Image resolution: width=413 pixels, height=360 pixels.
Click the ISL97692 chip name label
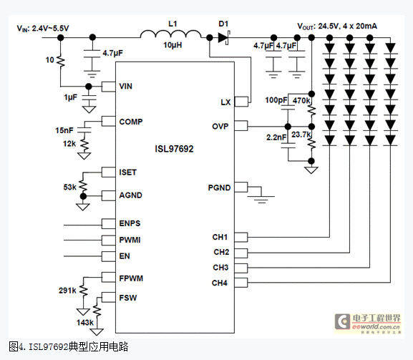pyautogui.click(x=174, y=149)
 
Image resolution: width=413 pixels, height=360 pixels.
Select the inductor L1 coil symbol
pyautogui.click(x=170, y=34)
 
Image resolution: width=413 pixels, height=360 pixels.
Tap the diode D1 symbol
pyautogui.click(x=224, y=38)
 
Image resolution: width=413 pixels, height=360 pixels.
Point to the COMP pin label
pyautogui.click(x=131, y=122)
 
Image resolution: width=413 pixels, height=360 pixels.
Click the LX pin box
pyautogui.click(x=241, y=102)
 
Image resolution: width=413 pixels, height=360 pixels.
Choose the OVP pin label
pyautogui.click(x=220, y=127)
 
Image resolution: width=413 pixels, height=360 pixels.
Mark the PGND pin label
pyautogui.click(x=220, y=188)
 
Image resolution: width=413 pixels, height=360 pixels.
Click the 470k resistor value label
pyautogui.click(x=301, y=101)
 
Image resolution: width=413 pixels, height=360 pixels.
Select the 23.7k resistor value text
pyautogui.click(x=301, y=135)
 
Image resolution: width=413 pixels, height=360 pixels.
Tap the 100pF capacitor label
pyautogui.click(x=276, y=100)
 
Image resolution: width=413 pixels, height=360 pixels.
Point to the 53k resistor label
pyautogui.click(x=70, y=188)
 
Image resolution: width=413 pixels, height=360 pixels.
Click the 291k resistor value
pyautogui.click(x=67, y=291)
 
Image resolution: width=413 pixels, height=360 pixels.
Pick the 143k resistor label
pyautogui.click(x=85, y=323)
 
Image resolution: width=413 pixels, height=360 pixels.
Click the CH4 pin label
pyautogui.click(x=220, y=283)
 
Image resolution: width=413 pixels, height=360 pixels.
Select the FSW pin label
pyautogui.click(x=128, y=298)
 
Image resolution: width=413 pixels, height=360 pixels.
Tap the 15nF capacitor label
pyautogui.click(x=64, y=130)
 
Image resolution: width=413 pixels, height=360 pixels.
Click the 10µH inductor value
pyautogui.click(x=173, y=45)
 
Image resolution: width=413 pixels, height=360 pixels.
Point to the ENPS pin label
pyautogui.click(x=130, y=223)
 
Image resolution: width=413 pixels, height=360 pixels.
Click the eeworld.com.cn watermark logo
pyautogui.click(x=368, y=323)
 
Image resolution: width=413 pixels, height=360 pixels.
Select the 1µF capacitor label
pyautogui.click(x=71, y=97)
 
